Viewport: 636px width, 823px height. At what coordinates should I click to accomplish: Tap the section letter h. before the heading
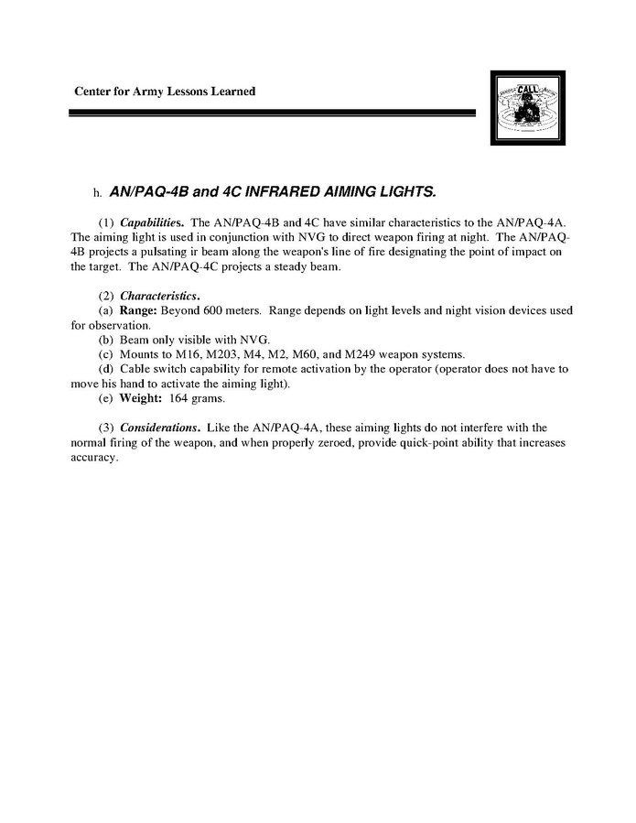coord(95,194)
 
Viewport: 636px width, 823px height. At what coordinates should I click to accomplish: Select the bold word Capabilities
coord(153,222)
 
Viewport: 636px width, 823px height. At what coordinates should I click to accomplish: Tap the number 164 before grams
coord(178,398)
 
